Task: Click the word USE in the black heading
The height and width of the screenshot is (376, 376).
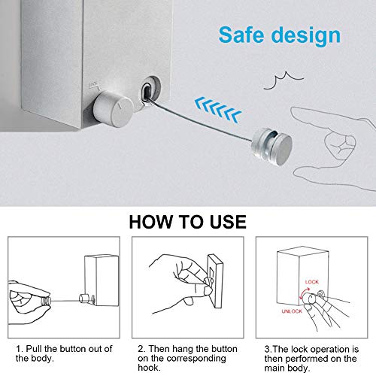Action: pyautogui.click(x=223, y=222)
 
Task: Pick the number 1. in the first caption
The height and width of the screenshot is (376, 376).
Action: pyautogui.click(x=20, y=348)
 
